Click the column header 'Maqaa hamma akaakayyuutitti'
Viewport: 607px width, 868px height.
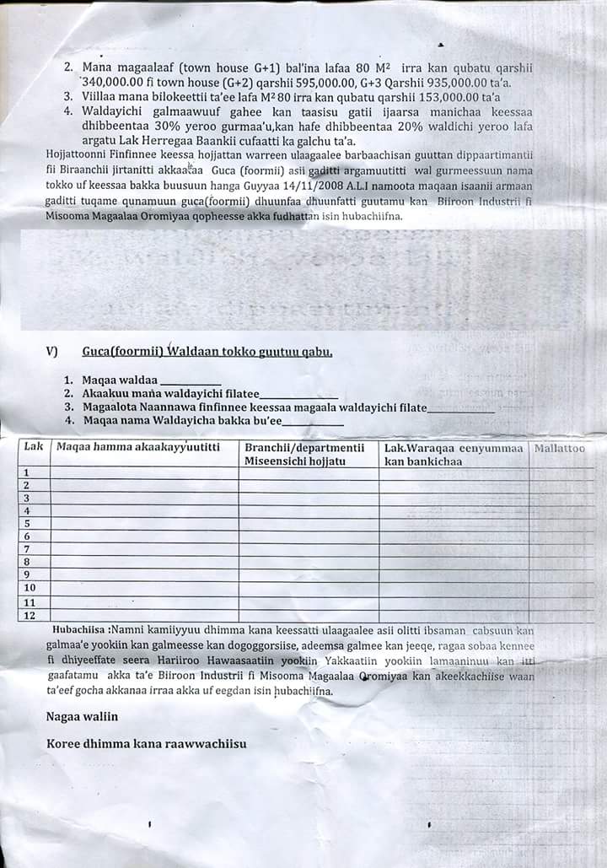tap(137, 448)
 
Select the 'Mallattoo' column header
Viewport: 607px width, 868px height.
tap(559, 448)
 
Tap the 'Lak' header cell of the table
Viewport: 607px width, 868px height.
tap(34, 448)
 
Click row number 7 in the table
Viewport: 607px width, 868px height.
tap(27, 548)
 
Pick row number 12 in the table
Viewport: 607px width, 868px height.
tap(30, 615)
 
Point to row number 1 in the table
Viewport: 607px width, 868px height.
tap(27, 472)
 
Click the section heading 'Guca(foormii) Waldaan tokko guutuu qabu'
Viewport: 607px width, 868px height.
tap(207, 351)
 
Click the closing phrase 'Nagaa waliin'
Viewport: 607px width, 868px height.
tap(82, 716)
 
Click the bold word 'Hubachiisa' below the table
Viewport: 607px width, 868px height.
tap(78, 629)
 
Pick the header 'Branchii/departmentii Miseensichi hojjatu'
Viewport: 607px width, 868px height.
tap(305, 454)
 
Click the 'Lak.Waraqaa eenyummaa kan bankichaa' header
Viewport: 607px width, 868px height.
tap(454, 454)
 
